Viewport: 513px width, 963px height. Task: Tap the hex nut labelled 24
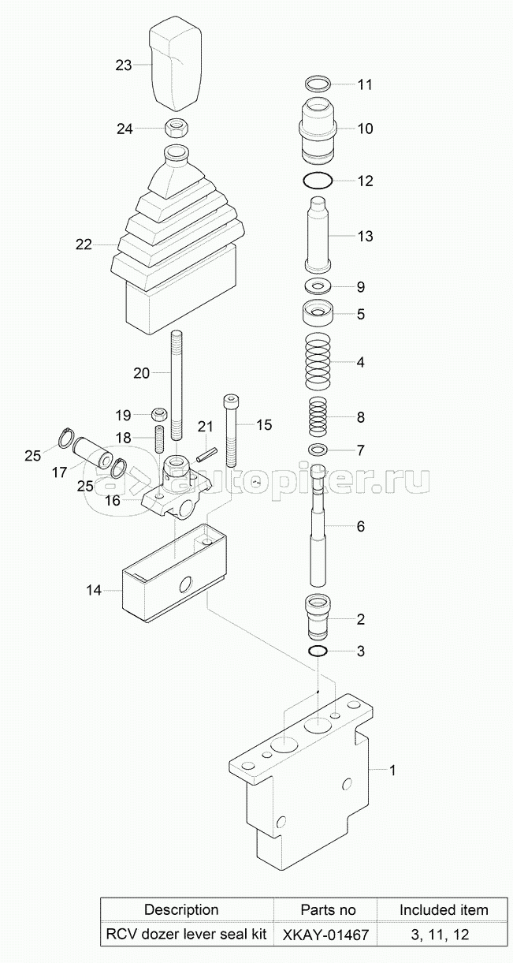click(177, 128)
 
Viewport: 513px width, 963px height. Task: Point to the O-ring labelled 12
click(318, 181)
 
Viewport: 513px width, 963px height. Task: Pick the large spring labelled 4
click(318, 361)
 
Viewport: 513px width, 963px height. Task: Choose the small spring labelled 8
click(318, 416)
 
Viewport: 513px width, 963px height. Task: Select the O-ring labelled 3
click(318, 651)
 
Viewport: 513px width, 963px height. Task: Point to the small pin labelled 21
click(207, 455)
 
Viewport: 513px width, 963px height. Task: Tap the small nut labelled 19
click(158, 414)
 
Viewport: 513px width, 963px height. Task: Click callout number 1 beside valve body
click(392, 770)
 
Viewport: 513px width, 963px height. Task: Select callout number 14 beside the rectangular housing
click(94, 590)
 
